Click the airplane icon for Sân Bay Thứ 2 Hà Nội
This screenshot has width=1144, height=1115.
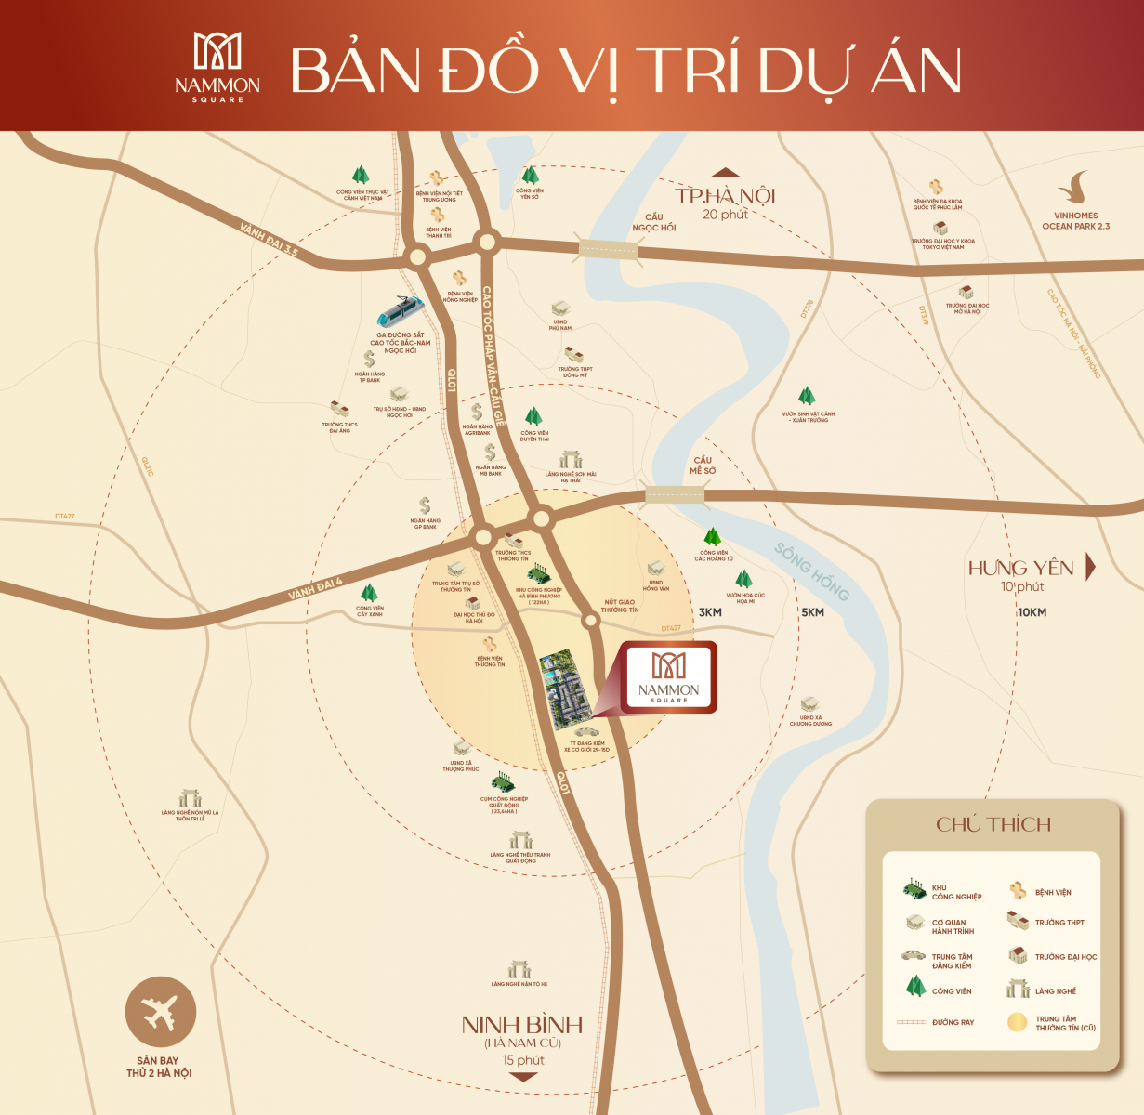[x=161, y=1012]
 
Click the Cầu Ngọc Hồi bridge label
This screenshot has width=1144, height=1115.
[x=654, y=222]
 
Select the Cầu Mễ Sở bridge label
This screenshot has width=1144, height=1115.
[x=703, y=466]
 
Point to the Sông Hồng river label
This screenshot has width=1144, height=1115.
[x=811, y=571]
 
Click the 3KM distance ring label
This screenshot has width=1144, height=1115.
[x=710, y=612]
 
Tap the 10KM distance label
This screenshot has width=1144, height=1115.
[x=1032, y=612]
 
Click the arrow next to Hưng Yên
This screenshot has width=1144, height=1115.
[x=1091, y=567]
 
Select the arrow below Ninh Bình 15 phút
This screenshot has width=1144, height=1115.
[x=523, y=1078]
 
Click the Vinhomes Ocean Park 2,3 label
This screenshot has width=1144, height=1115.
[x=1075, y=220]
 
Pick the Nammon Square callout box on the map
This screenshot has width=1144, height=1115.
[x=669, y=676]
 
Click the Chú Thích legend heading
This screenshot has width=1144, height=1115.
[x=993, y=824]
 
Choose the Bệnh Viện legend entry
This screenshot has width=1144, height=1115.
[x=1042, y=892]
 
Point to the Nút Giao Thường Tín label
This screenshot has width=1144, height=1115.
[x=620, y=606]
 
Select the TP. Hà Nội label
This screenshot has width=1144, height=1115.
[x=725, y=196]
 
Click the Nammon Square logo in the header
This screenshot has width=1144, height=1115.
[x=217, y=67]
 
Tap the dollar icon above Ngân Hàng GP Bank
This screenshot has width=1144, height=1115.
[x=425, y=505]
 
